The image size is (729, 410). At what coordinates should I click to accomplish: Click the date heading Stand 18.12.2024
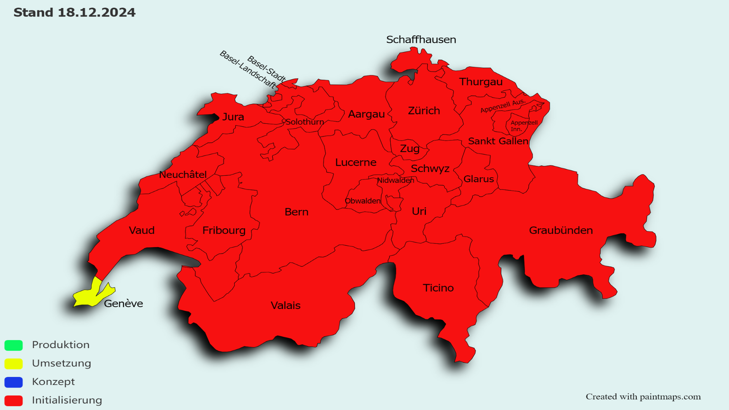(74, 13)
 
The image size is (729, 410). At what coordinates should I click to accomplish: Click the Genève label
(123, 304)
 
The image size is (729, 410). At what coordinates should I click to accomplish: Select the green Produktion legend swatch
(14, 345)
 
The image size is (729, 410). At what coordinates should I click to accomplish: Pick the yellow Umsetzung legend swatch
(14, 363)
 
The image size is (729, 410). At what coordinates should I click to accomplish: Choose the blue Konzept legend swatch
(14, 382)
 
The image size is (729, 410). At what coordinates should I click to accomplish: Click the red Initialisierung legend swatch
(14, 401)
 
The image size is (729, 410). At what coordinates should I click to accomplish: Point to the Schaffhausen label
(421, 40)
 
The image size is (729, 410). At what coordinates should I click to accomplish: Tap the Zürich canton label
(424, 111)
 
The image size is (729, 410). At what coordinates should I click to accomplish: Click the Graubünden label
(561, 230)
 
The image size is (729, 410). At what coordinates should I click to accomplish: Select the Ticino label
(438, 288)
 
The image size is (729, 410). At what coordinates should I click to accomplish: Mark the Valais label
(285, 306)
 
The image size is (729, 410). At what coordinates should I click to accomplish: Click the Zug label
(410, 149)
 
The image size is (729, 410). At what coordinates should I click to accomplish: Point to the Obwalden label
(363, 201)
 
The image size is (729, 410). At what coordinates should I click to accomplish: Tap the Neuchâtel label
(183, 174)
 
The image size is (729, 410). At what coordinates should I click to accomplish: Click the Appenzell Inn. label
(523, 126)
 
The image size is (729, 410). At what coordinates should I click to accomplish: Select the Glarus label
(479, 179)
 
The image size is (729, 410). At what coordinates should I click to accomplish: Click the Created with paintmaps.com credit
(643, 397)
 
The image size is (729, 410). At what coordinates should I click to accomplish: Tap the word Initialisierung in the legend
(67, 400)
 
